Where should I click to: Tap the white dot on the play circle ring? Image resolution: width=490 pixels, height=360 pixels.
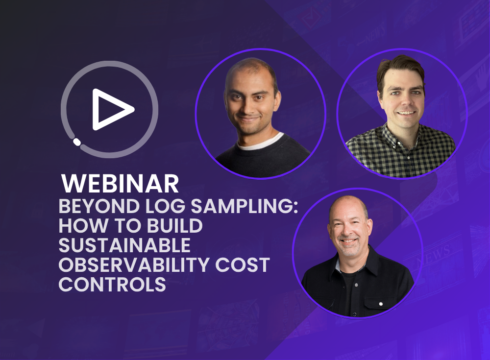(76, 142)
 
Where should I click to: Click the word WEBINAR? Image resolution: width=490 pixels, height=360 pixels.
(120, 184)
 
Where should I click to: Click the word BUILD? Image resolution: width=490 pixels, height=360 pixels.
(175, 226)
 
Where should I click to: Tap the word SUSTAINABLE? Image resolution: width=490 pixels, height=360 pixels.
(124, 245)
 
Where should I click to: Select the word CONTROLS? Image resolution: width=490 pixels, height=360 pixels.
(112, 284)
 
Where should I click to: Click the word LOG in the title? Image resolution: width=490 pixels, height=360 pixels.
(165, 206)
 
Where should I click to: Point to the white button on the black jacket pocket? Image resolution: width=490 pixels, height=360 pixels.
(381, 304)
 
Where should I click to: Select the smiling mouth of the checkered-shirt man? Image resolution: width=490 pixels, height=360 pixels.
(406, 113)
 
